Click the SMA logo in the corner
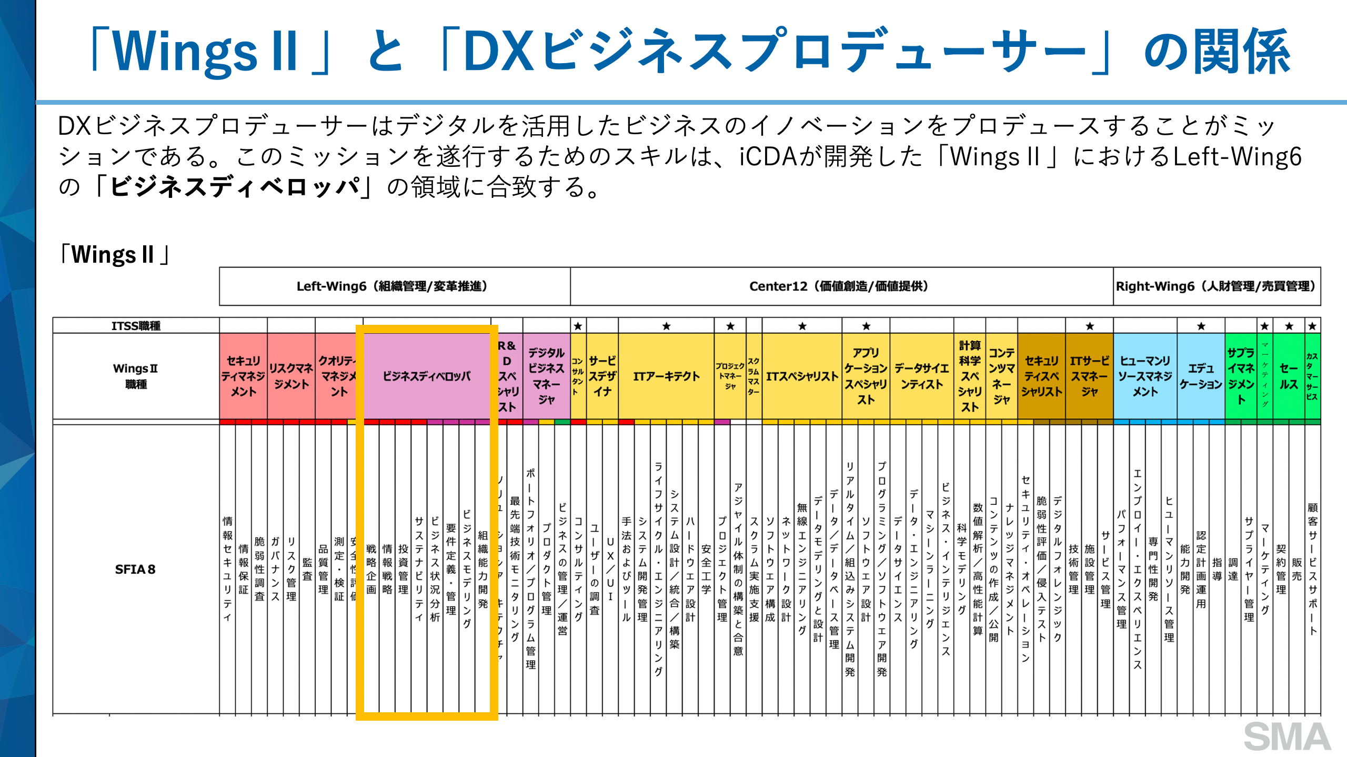[1286, 736]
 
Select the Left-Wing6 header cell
[394, 286]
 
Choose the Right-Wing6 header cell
[1216, 286]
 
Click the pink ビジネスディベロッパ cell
[427, 376]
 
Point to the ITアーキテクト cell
[666, 376]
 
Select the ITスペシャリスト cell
[801, 376]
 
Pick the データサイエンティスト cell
[921, 376]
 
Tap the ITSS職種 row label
[136, 326]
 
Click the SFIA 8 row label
[135, 570]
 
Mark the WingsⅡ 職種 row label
[136, 376]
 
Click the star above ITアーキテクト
[666, 326]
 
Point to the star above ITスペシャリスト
[802, 326]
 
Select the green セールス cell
[1288, 376]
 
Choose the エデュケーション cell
[1201, 376]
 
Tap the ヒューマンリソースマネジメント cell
[1145, 376]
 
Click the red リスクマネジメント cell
[291, 376]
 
